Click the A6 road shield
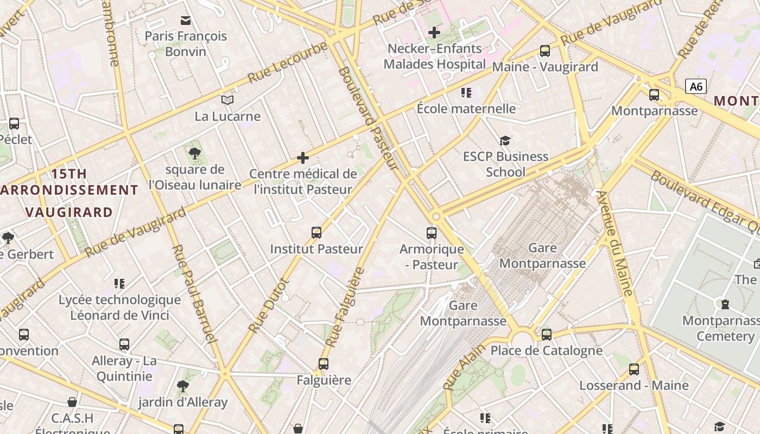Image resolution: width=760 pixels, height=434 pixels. click(696, 86)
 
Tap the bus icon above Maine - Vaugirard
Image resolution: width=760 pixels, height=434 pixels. click(545, 51)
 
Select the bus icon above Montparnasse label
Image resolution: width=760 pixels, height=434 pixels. click(654, 95)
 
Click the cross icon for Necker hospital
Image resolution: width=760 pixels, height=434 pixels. click(434, 33)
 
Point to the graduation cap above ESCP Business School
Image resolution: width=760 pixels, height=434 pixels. click(505, 141)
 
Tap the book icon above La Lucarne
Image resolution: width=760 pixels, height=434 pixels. click(227, 100)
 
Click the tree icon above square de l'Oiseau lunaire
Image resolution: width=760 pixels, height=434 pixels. click(195, 154)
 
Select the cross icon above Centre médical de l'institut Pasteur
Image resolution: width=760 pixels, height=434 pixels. click(303, 158)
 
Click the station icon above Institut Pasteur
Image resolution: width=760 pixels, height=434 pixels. click(316, 233)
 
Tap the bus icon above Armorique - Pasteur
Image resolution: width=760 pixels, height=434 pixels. click(432, 233)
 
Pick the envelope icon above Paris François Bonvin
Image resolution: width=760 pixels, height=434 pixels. click(186, 21)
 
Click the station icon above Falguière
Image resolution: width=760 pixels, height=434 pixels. click(324, 363)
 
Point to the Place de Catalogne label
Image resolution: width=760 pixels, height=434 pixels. click(546, 350)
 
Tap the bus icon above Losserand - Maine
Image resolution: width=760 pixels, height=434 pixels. click(634, 369)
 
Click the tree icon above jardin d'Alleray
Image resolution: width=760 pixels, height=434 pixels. click(183, 386)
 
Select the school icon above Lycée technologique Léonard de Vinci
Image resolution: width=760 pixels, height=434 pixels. click(119, 283)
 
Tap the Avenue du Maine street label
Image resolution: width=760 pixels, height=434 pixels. click(615, 242)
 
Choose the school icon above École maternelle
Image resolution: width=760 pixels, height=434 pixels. click(466, 92)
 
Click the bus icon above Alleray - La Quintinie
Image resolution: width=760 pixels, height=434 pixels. click(124, 344)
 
